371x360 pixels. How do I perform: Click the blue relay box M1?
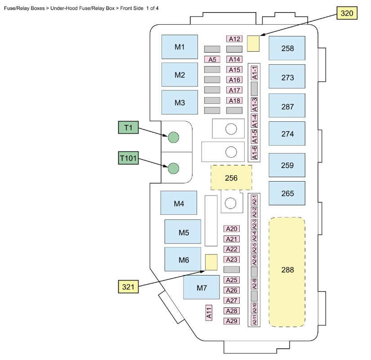(180, 47)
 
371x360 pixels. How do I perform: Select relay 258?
(287, 48)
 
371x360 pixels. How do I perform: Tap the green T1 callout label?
(129, 128)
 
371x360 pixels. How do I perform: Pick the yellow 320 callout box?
(347, 13)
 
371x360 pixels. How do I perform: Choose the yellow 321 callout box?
(129, 286)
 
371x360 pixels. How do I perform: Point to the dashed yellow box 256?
(231, 178)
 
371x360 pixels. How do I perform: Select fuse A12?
(235, 39)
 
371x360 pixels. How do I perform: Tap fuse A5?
(212, 59)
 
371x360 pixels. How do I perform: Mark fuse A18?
(235, 100)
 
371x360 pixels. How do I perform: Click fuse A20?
(232, 229)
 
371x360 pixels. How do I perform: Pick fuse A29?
(232, 321)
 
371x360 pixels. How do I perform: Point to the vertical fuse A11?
(209, 313)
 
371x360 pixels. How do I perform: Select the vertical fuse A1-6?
(255, 152)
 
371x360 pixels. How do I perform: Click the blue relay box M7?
(201, 287)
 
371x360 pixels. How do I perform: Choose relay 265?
(287, 193)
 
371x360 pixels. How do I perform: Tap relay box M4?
(179, 203)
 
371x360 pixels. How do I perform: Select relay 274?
(287, 133)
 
